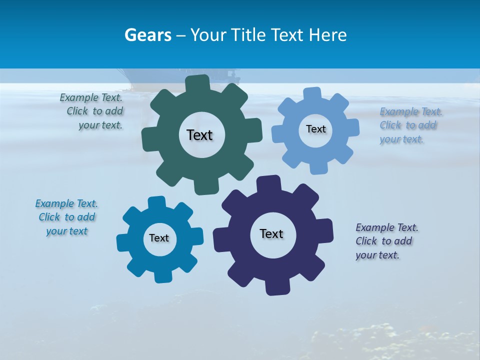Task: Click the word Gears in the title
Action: (x=148, y=35)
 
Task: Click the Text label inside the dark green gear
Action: (x=199, y=135)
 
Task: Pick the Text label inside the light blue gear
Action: (x=315, y=129)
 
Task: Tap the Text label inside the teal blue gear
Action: (x=159, y=238)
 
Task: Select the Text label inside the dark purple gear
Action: (x=271, y=233)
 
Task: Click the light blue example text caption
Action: (x=410, y=125)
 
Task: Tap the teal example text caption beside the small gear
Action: (x=66, y=217)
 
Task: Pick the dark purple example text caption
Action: (x=386, y=241)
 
